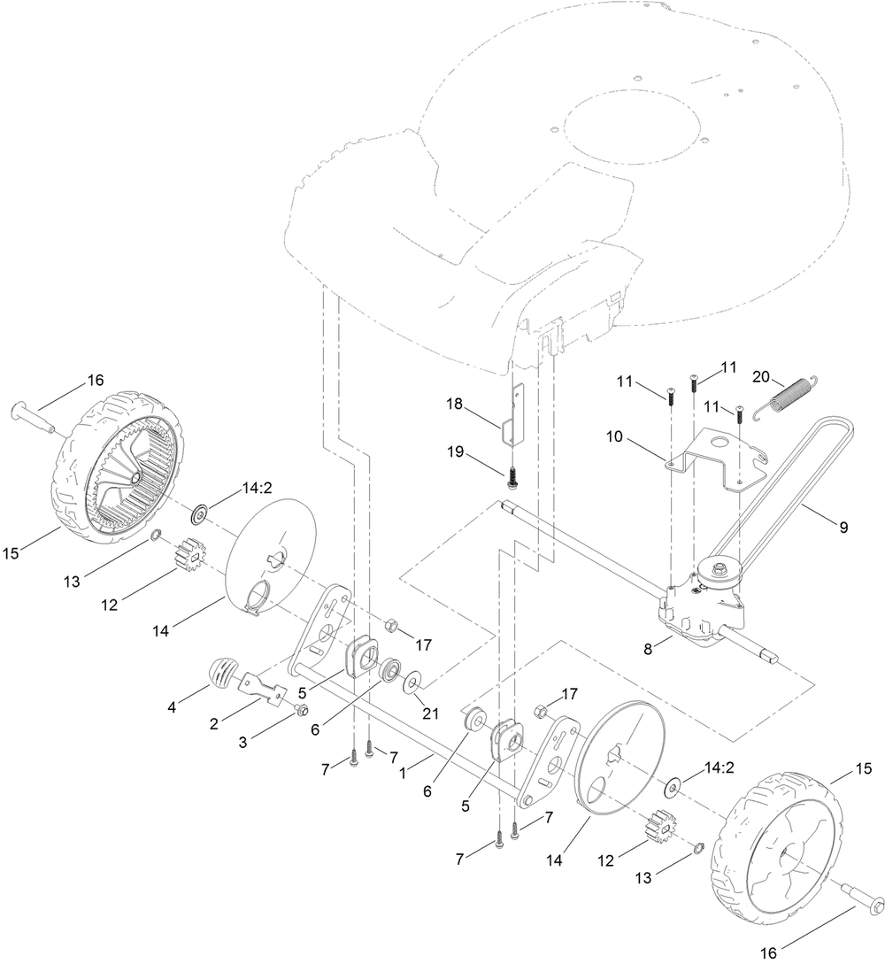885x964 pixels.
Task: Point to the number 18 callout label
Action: [x=455, y=404]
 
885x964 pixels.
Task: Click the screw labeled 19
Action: [x=513, y=477]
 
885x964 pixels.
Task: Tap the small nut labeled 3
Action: [x=302, y=710]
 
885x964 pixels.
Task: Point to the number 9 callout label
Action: [x=843, y=528]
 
